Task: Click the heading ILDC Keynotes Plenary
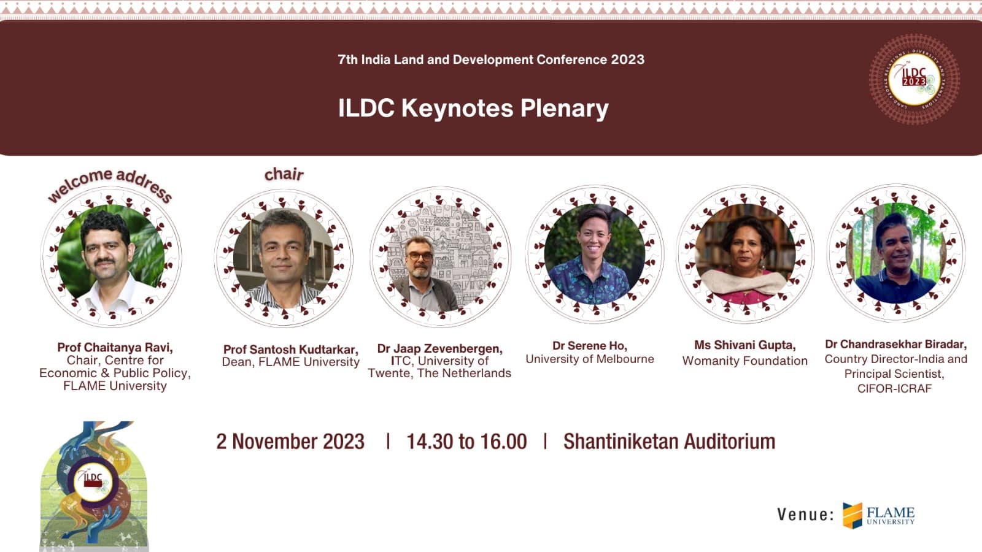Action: (473, 108)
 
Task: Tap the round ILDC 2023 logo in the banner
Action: (914, 79)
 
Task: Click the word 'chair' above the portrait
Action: (284, 174)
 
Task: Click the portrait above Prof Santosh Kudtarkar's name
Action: (284, 258)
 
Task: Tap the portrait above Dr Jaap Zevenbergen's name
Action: (441, 257)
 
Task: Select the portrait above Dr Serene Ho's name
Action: (595, 254)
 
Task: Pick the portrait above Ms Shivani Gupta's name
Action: (745, 254)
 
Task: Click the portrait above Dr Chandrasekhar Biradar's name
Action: (897, 253)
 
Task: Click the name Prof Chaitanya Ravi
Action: (115, 347)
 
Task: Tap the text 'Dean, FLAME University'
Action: (291, 362)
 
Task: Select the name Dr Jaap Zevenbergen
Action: (439, 349)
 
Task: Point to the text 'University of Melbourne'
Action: (590, 359)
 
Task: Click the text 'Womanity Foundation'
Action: (745, 361)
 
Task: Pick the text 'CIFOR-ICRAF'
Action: (895, 389)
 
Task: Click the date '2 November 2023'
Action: (290, 441)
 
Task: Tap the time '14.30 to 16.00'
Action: (466, 441)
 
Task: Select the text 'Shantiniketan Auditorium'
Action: (670, 441)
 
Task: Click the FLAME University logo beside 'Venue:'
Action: (878, 515)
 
